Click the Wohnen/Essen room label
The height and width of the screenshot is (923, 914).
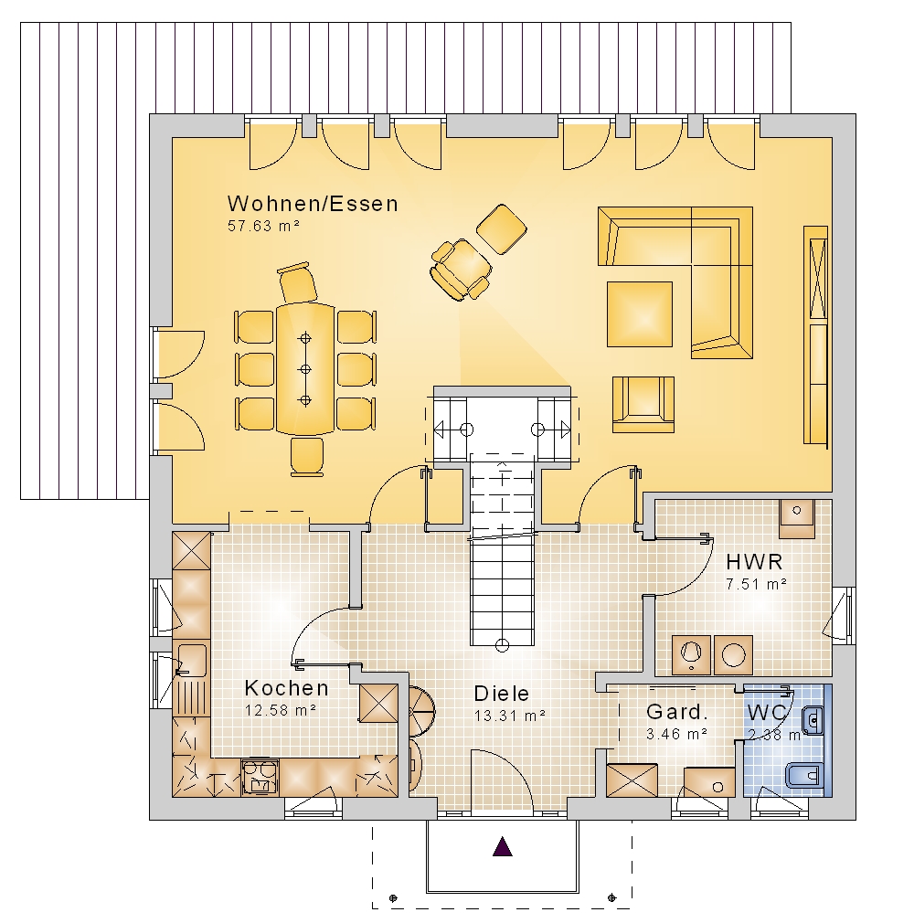313,204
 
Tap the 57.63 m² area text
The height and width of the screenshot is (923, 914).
264,226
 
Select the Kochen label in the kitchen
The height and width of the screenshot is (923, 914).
286,687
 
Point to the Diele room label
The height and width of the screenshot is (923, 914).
502,694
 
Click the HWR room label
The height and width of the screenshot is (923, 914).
754,562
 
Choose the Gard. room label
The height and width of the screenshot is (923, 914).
676,712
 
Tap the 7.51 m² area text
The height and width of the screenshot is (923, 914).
757,584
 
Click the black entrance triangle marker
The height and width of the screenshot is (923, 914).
503,846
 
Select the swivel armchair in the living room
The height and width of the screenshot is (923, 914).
462,270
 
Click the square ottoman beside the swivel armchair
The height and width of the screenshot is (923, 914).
501,229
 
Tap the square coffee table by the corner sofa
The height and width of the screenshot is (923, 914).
640,313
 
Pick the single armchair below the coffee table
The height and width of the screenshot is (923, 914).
643,405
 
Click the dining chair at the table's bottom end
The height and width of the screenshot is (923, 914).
307,456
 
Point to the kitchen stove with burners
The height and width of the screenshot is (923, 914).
260,777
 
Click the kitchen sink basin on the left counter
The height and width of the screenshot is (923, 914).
191,660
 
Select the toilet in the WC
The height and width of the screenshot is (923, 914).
804,775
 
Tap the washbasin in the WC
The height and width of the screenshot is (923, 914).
813,719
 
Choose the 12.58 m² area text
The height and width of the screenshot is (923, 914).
281,710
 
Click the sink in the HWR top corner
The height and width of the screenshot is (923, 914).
797,518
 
